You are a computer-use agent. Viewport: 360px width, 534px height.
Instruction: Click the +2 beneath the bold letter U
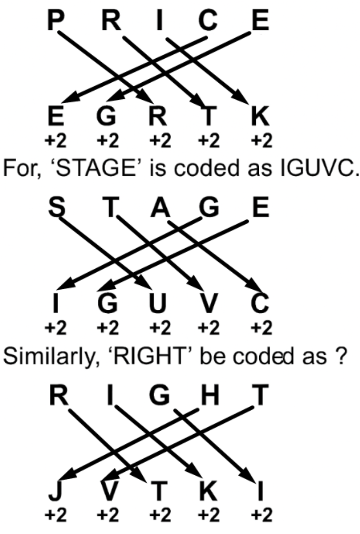point(157,327)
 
